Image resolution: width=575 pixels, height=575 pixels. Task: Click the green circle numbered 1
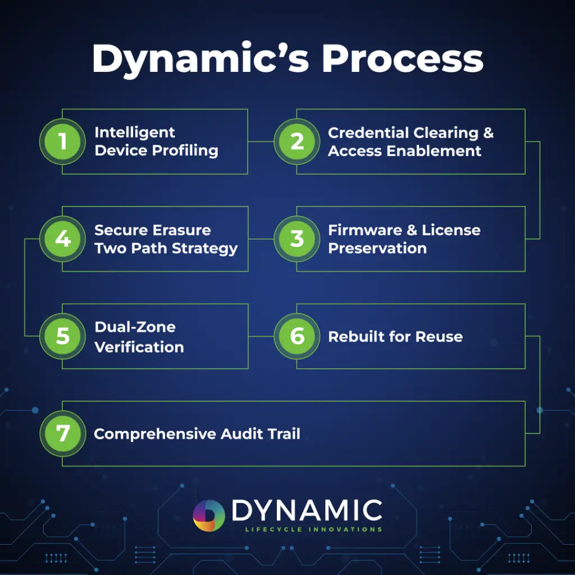[x=62, y=142]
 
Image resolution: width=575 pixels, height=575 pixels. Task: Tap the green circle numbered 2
[x=297, y=142]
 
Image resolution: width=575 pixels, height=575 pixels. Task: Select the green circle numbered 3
[x=297, y=239]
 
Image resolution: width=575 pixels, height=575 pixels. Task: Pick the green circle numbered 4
[x=62, y=239]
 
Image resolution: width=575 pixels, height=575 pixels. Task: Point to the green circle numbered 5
[x=62, y=336]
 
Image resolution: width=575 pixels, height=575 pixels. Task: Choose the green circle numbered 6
[x=297, y=336]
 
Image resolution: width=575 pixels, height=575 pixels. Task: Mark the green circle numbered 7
[x=62, y=433]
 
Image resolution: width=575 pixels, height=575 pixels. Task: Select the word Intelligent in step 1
[x=135, y=133]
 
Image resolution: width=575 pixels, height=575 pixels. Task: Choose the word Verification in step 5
[x=139, y=347]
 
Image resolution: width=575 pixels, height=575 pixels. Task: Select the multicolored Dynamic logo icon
[x=209, y=515]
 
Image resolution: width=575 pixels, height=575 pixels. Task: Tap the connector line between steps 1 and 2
[x=261, y=142]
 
